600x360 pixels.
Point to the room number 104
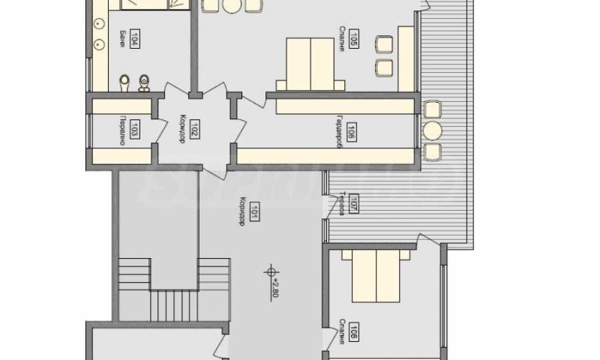(x=134, y=39)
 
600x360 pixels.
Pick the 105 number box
(x=353, y=39)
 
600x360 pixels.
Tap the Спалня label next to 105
(x=341, y=39)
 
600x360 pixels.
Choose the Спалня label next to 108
(x=341, y=331)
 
